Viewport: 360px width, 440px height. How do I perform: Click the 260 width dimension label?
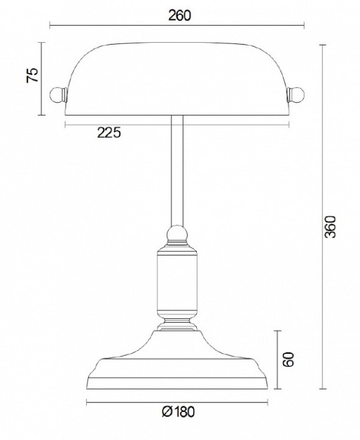pos(180,15)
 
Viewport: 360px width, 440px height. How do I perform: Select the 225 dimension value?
pos(108,133)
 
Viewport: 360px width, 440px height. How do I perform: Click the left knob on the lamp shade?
pos(58,94)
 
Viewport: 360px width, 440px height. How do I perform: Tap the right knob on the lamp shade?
pos(296,94)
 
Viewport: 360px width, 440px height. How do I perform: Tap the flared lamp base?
pos(176,363)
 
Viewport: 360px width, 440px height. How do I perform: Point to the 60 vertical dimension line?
pos(276,376)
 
